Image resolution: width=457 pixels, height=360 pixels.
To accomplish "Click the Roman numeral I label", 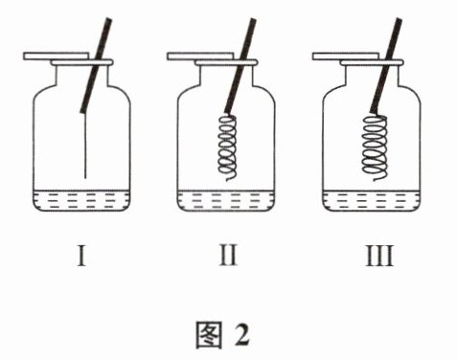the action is tap(81, 256).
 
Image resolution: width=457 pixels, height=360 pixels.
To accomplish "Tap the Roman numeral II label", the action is tap(228, 256).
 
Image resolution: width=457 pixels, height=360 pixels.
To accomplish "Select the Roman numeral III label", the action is tap(379, 256).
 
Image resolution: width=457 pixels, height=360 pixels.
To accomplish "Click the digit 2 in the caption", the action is tap(242, 334).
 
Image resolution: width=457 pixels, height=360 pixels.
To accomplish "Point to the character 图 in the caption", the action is tap(209, 334).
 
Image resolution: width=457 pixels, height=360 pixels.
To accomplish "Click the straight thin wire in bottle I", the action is tap(85, 146).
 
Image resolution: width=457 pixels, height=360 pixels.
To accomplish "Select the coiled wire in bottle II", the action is tap(227, 146).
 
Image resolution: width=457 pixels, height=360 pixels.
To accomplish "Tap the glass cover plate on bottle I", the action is tap(57, 56).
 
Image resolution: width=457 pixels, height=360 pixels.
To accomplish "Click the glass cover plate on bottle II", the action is tap(200, 56).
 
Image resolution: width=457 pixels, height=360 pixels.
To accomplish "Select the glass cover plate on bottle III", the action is tap(346, 56).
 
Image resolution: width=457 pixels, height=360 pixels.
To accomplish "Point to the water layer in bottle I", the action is tap(81, 200).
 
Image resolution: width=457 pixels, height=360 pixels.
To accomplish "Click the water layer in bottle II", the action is tap(226, 200).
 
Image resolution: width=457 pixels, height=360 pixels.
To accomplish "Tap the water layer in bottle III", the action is tap(371, 200).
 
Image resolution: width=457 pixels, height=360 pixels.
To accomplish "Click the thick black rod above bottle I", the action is tap(96, 65).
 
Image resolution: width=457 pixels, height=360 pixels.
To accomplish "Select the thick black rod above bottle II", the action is tap(240, 65).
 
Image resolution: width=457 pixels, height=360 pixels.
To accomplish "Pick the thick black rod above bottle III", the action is tap(386, 65).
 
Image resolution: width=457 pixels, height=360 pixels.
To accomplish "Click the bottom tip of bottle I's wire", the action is tap(85, 178).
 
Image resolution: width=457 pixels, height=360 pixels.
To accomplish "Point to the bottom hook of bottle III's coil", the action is tap(377, 180).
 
